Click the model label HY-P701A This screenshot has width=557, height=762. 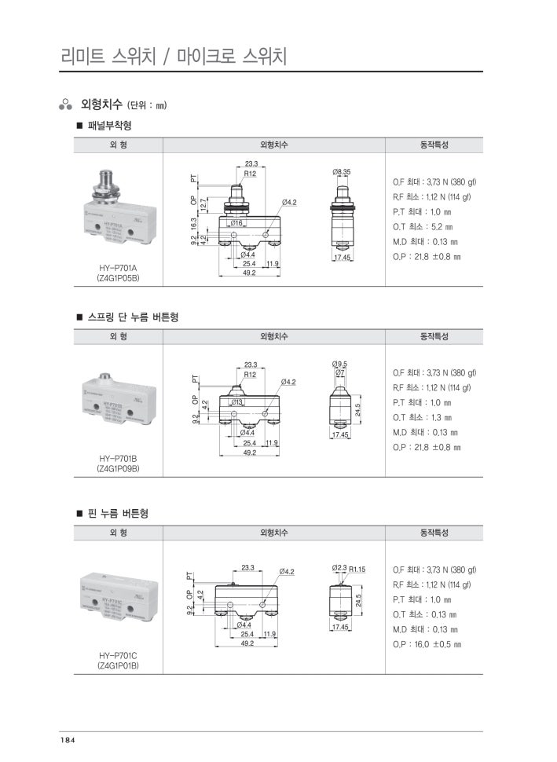click(118, 267)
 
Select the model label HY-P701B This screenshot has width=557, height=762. click(118, 458)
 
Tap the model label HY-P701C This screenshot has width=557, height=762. click(118, 655)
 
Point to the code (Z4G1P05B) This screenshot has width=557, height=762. click(118, 278)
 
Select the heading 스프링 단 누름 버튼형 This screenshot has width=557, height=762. click(132, 317)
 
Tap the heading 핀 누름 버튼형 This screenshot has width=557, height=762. click(118, 514)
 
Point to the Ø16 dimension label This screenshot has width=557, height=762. click(236, 223)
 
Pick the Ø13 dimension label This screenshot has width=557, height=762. click(236, 401)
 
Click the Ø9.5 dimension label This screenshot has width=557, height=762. click(340, 364)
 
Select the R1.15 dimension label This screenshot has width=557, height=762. click(357, 569)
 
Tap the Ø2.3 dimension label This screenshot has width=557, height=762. click(339, 568)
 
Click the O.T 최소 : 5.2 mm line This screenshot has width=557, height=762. click(423, 227)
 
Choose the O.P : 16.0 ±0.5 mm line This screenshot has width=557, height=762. click(427, 644)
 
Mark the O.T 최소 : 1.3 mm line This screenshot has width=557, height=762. click(423, 417)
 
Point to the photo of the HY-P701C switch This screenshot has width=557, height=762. click(118, 602)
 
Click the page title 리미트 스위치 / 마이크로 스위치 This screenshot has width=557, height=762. click(174, 57)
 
